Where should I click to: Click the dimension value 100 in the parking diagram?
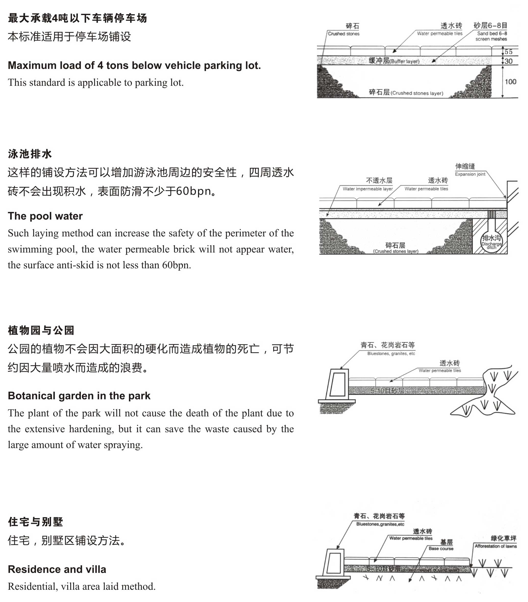pos(510,82)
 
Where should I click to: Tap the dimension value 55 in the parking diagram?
pos(508,52)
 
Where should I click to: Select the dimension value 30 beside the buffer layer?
pos(508,61)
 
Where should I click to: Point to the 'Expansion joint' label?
pos(470,174)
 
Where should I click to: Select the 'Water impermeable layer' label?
pos(367,189)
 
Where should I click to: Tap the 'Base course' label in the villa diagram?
pos(441,548)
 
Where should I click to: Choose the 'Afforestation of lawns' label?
pos(496,546)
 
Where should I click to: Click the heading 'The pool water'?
pos(45,216)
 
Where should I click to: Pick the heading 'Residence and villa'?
pos(57,569)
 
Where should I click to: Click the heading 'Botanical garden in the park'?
pos(79,395)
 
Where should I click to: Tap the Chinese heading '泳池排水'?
pos(30,154)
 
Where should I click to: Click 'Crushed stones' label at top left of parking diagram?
pos(344,34)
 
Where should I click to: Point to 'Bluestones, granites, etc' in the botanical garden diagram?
pos(391,353)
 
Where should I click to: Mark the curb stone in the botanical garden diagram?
pos(337,384)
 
